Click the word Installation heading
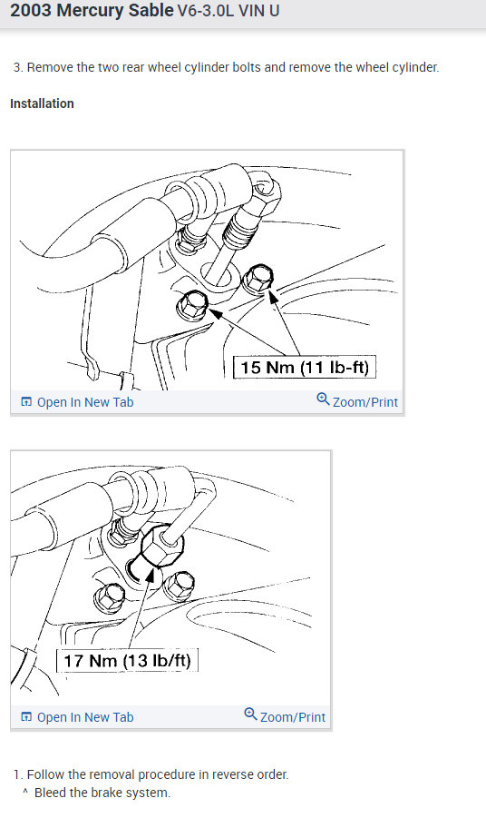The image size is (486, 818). pos(42,103)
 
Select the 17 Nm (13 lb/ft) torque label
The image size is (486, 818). pos(128,660)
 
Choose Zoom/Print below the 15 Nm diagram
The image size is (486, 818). pos(364,401)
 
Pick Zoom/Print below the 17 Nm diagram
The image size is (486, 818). pos(292,716)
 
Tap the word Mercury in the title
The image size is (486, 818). pos(91,13)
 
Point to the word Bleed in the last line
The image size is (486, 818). pos(51,793)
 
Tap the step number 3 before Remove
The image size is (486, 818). pos(17,67)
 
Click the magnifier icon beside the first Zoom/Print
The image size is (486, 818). pos(323,400)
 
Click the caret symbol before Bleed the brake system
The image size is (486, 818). pos(26,793)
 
